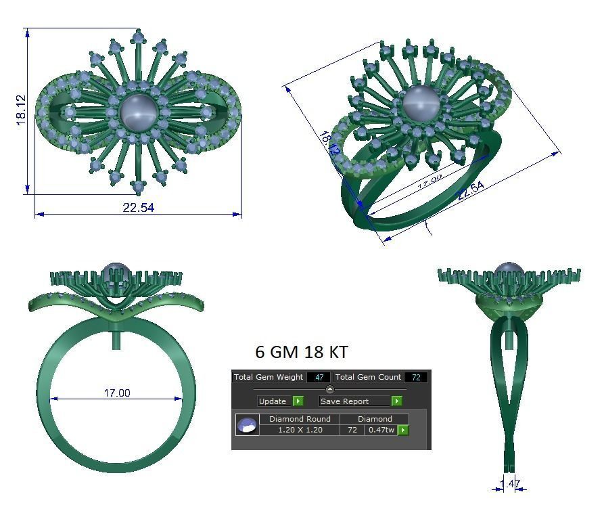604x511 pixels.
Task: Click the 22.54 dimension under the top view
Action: click(x=139, y=208)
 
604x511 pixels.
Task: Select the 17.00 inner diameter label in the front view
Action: click(x=116, y=393)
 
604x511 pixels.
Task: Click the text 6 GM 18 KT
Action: click(x=302, y=352)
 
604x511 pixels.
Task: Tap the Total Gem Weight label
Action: click(x=269, y=377)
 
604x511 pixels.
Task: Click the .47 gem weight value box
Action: click(x=318, y=377)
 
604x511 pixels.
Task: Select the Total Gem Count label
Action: click(x=369, y=377)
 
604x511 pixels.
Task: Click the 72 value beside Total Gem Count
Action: click(x=416, y=377)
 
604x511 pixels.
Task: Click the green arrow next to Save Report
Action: click(x=397, y=401)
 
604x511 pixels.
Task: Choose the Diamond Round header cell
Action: click(x=300, y=419)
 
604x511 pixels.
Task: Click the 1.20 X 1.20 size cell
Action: click(x=300, y=430)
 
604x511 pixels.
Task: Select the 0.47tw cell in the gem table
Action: click(x=381, y=430)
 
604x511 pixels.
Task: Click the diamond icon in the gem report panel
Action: click(x=247, y=425)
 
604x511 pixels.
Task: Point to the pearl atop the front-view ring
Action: click(x=116, y=274)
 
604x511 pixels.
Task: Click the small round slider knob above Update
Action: click(x=329, y=389)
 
